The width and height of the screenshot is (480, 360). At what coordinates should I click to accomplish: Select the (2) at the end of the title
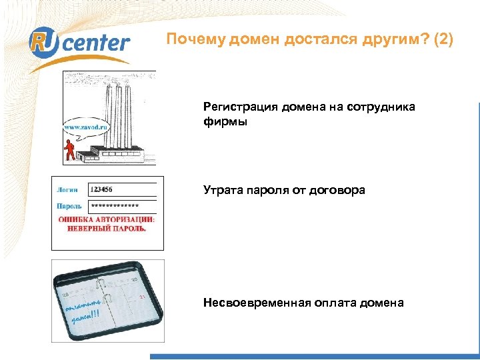443,39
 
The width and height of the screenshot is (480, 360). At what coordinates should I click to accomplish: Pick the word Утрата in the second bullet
222,191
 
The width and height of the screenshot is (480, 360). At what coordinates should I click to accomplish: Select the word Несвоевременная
257,303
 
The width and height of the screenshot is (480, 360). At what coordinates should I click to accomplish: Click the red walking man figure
68,150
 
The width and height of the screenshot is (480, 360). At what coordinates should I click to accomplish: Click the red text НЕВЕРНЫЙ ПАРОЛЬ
107,228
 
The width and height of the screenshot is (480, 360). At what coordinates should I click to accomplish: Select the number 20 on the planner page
134,279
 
